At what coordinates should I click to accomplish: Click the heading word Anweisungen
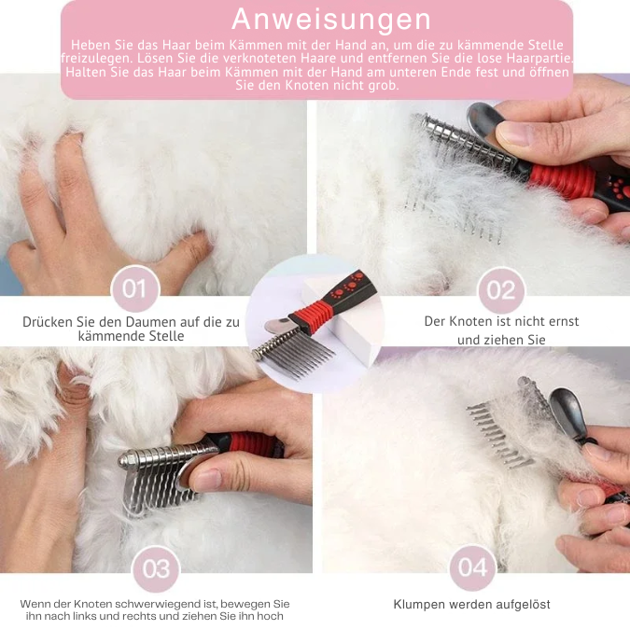pyautogui.click(x=331, y=20)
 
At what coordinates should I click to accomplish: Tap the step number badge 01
pyautogui.click(x=135, y=288)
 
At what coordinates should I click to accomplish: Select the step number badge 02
pyautogui.click(x=501, y=290)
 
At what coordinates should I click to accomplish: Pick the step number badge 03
pyautogui.click(x=156, y=568)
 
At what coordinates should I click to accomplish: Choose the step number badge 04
pyautogui.click(x=472, y=567)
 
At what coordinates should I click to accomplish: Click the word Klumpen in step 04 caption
pyautogui.click(x=419, y=605)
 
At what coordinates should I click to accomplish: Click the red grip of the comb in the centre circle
pyautogui.click(x=311, y=316)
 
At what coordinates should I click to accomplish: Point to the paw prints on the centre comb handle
pyautogui.click(x=346, y=286)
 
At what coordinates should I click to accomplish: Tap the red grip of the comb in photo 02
pyautogui.click(x=563, y=179)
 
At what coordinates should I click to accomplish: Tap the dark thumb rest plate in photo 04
pyautogui.click(x=567, y=413)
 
